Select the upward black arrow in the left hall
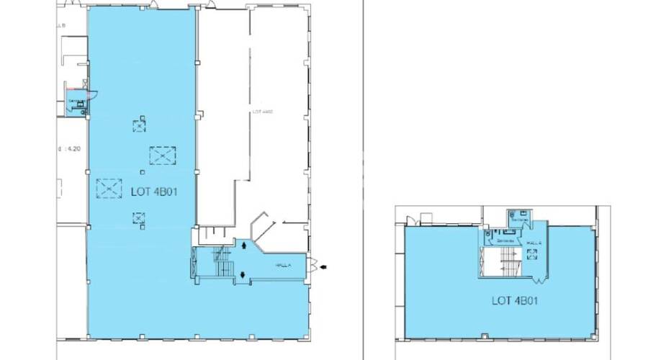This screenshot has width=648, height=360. coord(246,246)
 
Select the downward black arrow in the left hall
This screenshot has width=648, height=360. coord(246,274)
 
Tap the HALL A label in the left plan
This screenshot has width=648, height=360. coord(283,265)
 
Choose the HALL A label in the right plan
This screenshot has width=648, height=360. coord(534,243)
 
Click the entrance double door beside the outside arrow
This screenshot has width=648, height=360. coord(313,266)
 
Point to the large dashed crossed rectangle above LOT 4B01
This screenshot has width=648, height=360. coord(162,155)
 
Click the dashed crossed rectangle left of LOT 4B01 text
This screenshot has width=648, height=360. coord(109,188)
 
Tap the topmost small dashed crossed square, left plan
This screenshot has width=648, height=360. coord(138,125)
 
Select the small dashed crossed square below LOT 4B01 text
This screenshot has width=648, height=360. coord(137,217)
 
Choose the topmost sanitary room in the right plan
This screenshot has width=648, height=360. coord(518,214)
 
